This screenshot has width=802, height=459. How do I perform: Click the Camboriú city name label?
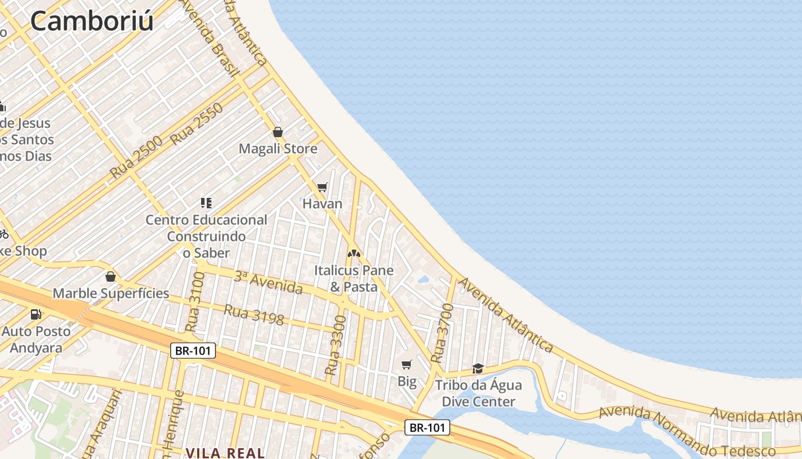pos(92,21)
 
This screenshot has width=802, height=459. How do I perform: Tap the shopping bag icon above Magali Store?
pos(278,133)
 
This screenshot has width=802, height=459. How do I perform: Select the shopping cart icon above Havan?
pos(322,187)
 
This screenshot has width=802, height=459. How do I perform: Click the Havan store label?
pos(322,204)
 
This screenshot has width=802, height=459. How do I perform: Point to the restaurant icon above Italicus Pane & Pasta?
pos(354,253)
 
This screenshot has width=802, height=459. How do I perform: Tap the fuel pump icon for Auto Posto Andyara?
pos(36,314)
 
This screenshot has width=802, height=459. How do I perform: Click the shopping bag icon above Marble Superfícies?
pos(111,277)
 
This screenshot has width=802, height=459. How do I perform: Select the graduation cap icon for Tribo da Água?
pos(478,368)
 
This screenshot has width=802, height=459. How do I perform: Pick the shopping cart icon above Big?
pos(407,364)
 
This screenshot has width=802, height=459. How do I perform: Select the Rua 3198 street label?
pos(253,315)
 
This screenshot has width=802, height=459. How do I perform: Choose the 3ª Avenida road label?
pos(268,282)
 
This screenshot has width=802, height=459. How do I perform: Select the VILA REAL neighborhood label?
pos(225,453)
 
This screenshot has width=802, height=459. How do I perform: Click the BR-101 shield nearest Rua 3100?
pos(192,350)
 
